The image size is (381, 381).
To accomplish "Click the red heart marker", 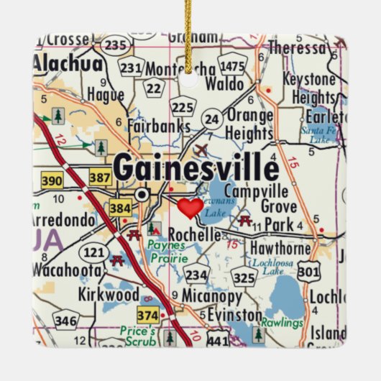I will coord(190,208).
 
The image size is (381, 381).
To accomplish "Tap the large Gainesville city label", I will coord(196,169).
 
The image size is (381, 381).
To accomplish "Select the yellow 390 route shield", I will coord(52,180).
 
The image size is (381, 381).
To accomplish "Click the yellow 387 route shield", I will coord(100,176).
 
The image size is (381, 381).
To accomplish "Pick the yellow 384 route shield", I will coord(120,209).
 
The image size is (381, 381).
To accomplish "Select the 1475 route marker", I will coord(233,67).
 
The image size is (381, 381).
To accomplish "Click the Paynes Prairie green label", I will coord(167,252).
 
